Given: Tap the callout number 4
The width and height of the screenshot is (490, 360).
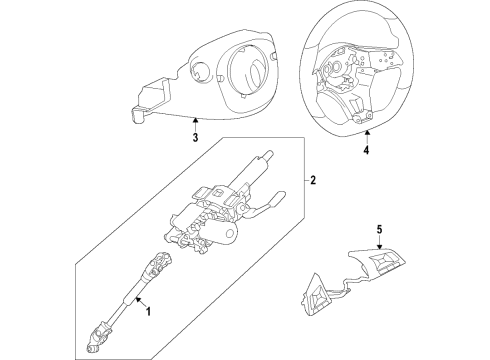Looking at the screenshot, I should point(365,152).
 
